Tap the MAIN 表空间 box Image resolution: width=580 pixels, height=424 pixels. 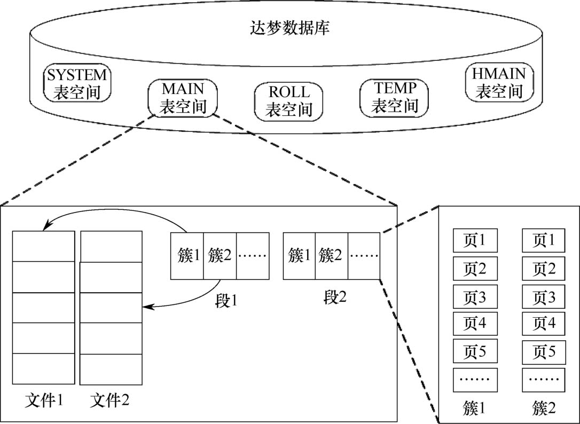(183, 98)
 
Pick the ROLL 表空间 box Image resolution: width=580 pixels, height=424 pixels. (289, 101)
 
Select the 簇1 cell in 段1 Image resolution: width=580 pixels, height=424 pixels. (187, 256)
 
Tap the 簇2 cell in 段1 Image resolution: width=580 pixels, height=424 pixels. (220, 256)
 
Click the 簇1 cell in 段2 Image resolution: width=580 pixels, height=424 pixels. (299, 256)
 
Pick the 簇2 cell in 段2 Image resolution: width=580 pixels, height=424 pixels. (331, 256)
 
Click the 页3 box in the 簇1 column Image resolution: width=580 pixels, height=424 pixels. (475, 296)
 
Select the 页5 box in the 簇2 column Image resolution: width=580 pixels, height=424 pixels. (544, 352)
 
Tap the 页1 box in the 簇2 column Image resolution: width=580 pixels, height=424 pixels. (544, 240)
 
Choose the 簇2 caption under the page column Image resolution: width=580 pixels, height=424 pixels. (544, 409)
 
